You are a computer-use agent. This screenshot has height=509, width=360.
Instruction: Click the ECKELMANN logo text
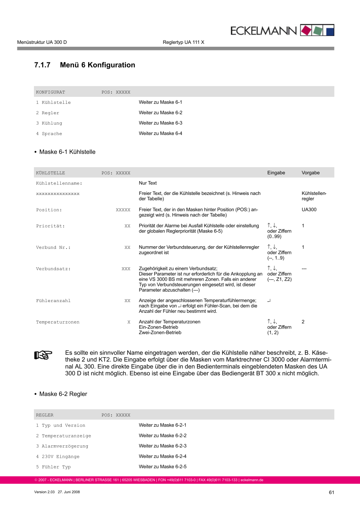point(263,31)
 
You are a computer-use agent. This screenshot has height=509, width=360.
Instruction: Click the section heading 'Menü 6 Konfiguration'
point(97,65)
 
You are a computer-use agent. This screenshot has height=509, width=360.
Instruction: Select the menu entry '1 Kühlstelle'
point(53,103)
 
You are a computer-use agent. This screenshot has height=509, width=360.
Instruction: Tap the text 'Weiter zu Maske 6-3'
point(161,123)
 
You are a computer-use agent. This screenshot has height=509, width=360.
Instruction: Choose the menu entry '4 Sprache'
point(49,134)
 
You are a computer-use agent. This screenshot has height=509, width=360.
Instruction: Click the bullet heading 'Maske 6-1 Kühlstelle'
point(67,152)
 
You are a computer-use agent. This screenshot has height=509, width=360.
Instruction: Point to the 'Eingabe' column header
point(276,173)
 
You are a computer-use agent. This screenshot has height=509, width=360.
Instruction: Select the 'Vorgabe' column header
point(310,173)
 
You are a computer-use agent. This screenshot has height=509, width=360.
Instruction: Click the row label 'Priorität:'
point(50,226)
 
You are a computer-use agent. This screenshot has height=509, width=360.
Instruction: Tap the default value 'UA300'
point(309,210)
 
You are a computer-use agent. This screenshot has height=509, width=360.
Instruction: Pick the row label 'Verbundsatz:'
point(53,269)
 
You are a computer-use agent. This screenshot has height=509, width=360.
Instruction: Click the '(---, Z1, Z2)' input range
point(280,279)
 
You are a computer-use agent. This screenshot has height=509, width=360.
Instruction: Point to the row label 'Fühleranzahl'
point(53,301)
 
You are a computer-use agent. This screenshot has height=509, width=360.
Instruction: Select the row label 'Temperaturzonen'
point(58,322)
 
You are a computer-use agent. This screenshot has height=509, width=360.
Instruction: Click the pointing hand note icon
point(43,355)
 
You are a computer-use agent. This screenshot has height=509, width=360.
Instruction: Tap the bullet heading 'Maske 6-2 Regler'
point(63,394)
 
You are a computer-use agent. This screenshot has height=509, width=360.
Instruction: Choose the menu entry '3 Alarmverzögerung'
point(62,446)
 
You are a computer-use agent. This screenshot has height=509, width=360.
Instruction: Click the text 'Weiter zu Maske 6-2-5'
point(163,467)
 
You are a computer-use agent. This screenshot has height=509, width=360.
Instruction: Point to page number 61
point(331,492)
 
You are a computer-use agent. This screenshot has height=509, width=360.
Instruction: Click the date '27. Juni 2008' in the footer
point(69,492)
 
